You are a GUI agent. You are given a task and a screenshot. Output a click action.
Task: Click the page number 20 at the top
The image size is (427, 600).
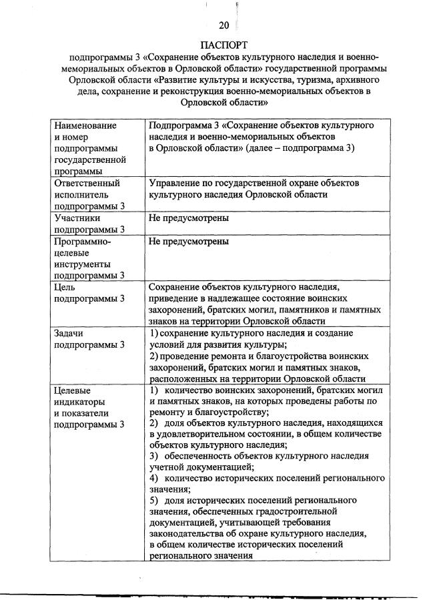click(224, 25)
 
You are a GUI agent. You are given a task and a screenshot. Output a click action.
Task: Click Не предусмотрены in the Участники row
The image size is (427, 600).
click(189, 218)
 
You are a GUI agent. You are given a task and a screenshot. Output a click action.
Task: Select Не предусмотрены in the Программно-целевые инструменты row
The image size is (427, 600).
click(189, 241)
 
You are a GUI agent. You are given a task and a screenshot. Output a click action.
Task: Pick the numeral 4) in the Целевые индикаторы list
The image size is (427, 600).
click(153, 479)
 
